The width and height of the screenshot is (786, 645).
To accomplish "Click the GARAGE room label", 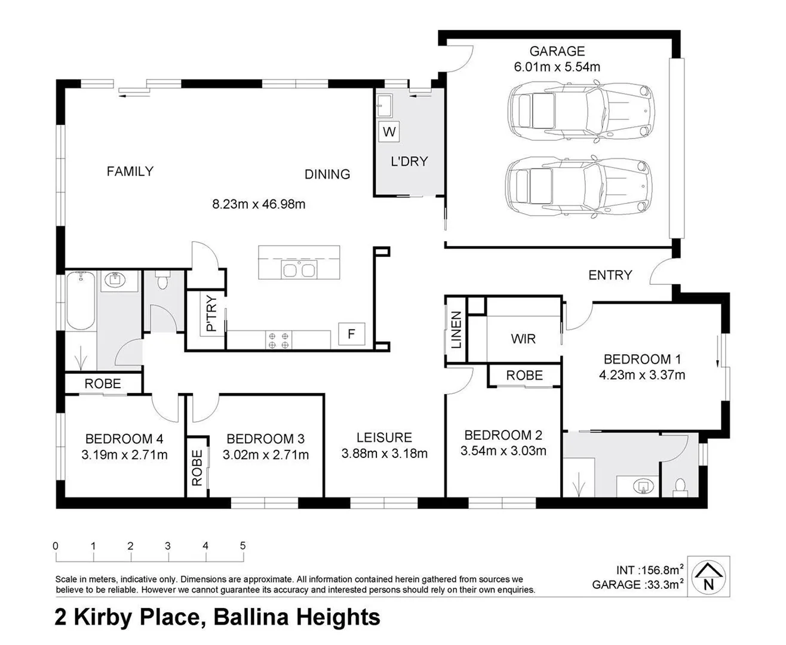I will [x=557, y=51].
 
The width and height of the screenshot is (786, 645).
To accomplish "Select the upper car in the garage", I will [x=578, y=111].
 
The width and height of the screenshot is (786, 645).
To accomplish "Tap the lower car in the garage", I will [x=578, y=186].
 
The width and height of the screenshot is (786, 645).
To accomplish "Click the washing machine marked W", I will [x=389, y=131].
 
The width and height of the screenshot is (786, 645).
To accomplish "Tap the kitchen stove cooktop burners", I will [x=279, y=340].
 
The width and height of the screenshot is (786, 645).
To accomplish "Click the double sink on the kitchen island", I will [x=299, y=271].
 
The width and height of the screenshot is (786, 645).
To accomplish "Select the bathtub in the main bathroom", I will [x=80, y=301].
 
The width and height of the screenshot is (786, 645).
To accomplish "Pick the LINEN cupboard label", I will [x=456, y=330].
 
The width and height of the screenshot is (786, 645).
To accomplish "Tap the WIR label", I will [x=523, y=339].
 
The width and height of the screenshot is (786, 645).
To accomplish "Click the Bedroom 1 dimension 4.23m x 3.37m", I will [x=641, y=375].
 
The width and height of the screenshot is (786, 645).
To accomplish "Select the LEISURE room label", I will [x=384, y=438].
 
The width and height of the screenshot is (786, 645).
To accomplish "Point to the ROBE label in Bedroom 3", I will [x=196, y=467].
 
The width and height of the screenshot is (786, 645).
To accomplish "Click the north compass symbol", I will [x=708, y=576].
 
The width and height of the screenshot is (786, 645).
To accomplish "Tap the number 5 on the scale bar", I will [x=242, y=545].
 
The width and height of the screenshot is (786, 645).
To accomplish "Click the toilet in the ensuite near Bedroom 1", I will [x=680, y=485].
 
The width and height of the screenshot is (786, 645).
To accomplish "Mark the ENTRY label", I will [x=610, y=275].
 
